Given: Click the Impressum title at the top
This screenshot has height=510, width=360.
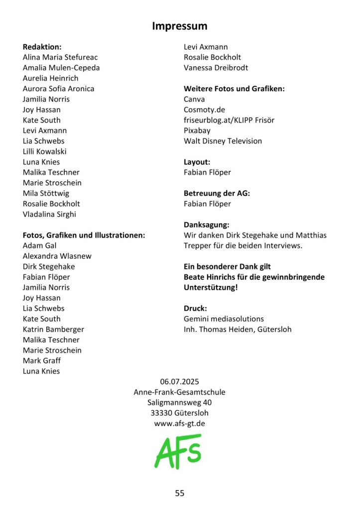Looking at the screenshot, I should pos(180,26).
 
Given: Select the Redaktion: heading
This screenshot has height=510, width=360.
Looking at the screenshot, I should pos(42,47).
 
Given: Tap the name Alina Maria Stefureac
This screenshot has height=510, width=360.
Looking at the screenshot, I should pos(60,57).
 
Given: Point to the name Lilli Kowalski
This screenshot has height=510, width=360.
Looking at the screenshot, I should pos(44,151).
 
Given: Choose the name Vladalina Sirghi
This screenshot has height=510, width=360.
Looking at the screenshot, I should pos(49,214).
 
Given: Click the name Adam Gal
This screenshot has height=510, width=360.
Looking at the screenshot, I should pos(40,246).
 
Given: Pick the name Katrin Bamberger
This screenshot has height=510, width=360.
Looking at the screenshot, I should pos(53,329).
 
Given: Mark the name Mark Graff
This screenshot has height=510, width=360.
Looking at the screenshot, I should pos(42,361).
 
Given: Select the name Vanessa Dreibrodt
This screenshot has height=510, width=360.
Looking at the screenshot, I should pos(216,68).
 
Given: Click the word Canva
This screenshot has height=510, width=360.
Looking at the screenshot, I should pos(194,99).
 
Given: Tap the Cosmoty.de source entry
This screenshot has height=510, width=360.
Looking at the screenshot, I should pos(204,110).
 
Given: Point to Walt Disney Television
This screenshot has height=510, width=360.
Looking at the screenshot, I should pos(223,141).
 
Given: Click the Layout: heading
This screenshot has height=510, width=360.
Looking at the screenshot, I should pos(197,162).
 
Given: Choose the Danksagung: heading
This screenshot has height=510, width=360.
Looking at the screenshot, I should pos(206,225).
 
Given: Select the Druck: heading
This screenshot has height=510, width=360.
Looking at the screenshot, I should pos(195,308).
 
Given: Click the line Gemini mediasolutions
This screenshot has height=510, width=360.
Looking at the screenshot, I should pos(224,319).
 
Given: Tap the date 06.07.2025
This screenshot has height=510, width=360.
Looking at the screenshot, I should pos(179,382).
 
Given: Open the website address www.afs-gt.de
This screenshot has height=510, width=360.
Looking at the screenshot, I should pos(180,424).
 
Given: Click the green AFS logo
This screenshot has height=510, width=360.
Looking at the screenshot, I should pos(178,451).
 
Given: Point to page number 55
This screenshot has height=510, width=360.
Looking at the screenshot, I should pos(180,493).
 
